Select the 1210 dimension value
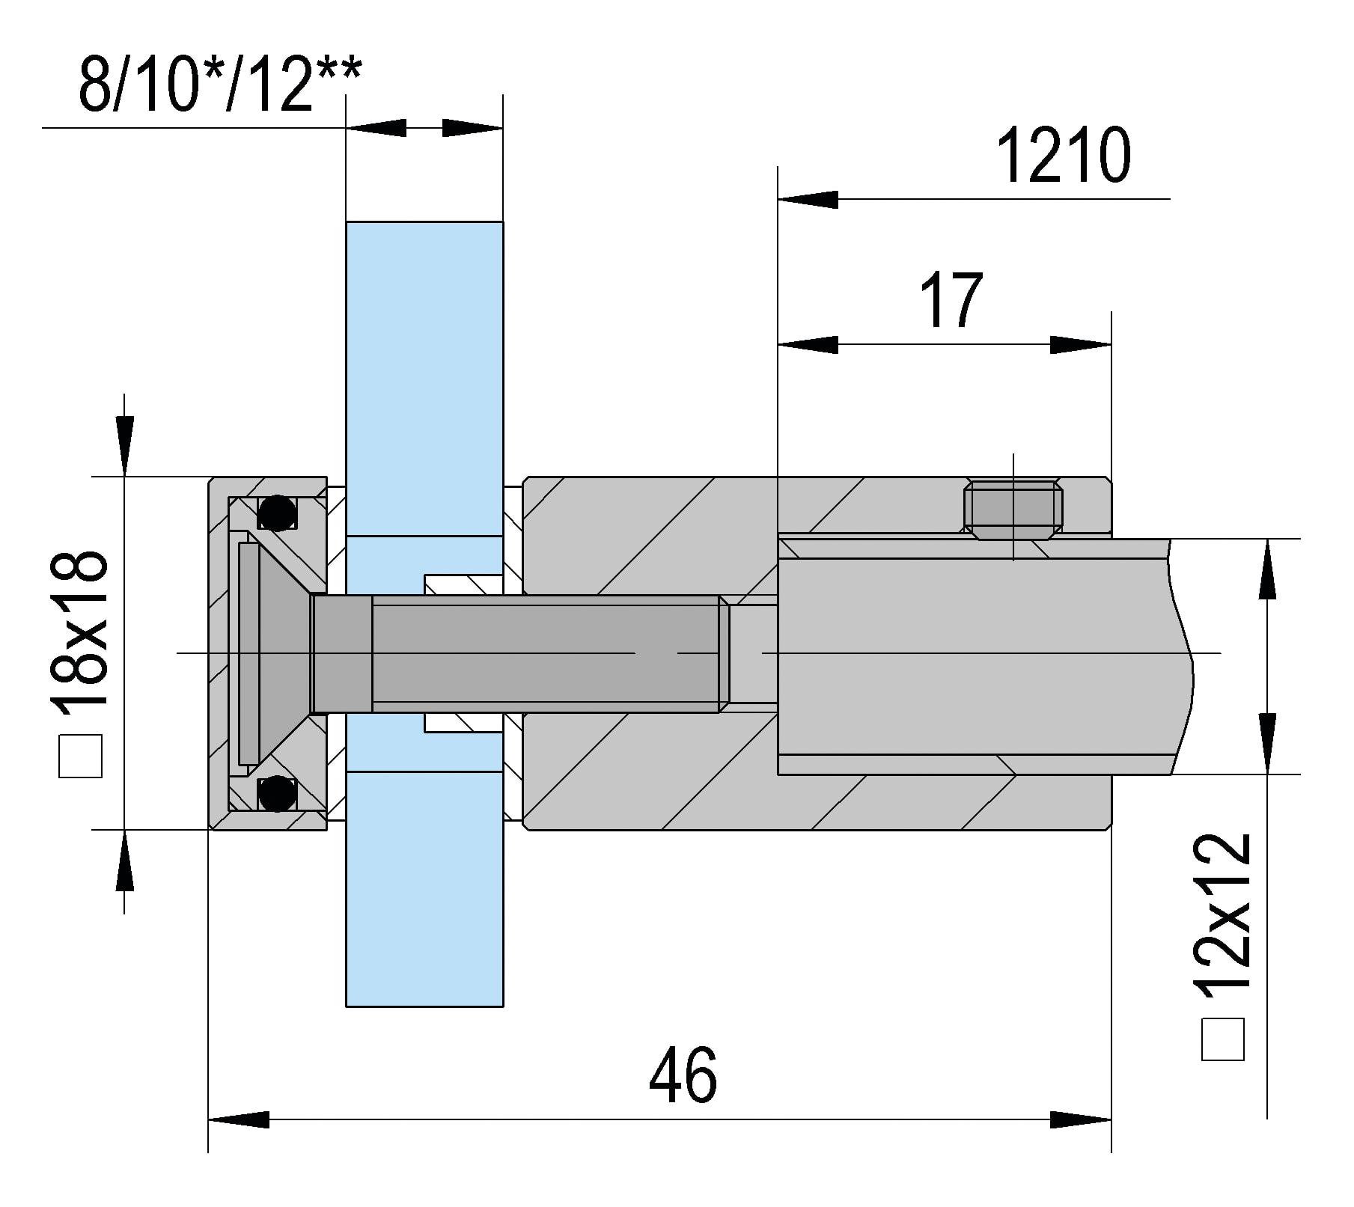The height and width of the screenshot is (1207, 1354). pyautogui.click(x=1063, y=156)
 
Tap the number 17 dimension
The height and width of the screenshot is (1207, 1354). pyautogui.click(x=951, y=301)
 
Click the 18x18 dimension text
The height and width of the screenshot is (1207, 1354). pyautogui.click(x=79, y=629)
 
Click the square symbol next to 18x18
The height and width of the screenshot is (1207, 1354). pyautogui.click(x=80, y=757)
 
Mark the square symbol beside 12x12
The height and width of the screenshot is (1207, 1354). pyautogui.click(x=1222, y=1039)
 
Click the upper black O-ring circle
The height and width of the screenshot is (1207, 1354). pyautogui.click(x=276, y=513)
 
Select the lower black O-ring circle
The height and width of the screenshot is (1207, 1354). pyautogui.click(x=276, y=793)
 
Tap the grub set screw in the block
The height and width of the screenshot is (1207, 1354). pyautogui.click(x=1013, y=510)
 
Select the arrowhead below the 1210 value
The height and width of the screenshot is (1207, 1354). pyautogui.click(x=808, y=200)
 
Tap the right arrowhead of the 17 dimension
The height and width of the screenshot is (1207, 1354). pyautogui.click(x=1081, y=345)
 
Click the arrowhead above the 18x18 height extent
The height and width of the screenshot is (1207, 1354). pyautogui.click(x=124, y=445)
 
